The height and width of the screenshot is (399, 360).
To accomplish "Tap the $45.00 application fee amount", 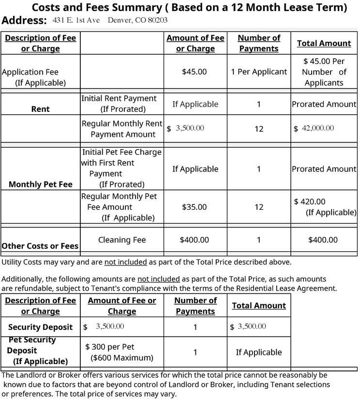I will point(195,72).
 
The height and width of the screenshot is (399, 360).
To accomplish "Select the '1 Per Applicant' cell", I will point(259,72).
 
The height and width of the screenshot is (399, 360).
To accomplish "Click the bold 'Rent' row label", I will point(40,109).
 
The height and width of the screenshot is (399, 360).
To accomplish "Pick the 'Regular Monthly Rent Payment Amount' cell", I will point(122,129).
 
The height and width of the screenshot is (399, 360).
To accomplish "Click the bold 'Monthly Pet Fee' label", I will point(40,184).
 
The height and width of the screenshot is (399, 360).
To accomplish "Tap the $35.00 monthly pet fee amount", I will point(195,207).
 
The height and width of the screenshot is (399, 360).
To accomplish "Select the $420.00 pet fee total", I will point(310,201).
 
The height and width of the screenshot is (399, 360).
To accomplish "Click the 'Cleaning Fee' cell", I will point(122,240).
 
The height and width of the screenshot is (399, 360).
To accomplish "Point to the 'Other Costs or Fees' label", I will point(40,246).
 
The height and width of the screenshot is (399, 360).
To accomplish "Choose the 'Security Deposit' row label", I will point(40,327).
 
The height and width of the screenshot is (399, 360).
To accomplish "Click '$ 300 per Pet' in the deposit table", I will point(110,347).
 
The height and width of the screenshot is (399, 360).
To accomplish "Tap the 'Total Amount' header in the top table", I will point(324,43).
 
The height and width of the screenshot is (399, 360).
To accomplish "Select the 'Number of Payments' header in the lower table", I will point(195,306).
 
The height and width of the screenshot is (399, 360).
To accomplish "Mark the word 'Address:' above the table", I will point(24,21).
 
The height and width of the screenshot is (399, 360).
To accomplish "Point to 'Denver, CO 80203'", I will point(138,20).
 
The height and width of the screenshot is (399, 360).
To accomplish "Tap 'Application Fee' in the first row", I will point(30,72).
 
